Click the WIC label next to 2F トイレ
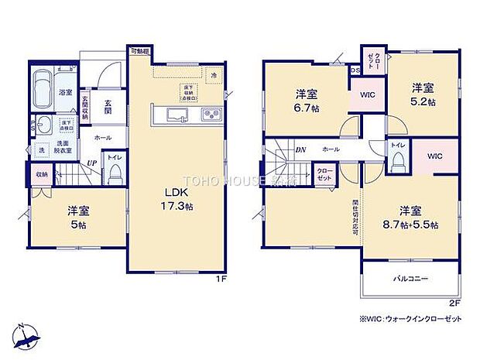pos(434,156)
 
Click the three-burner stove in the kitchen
pos(211,116)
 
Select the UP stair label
pos(91,163)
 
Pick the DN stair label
pos(300,149)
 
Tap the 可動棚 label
pos(140,51)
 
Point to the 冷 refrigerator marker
pos(214,75)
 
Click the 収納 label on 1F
pos(41,175)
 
